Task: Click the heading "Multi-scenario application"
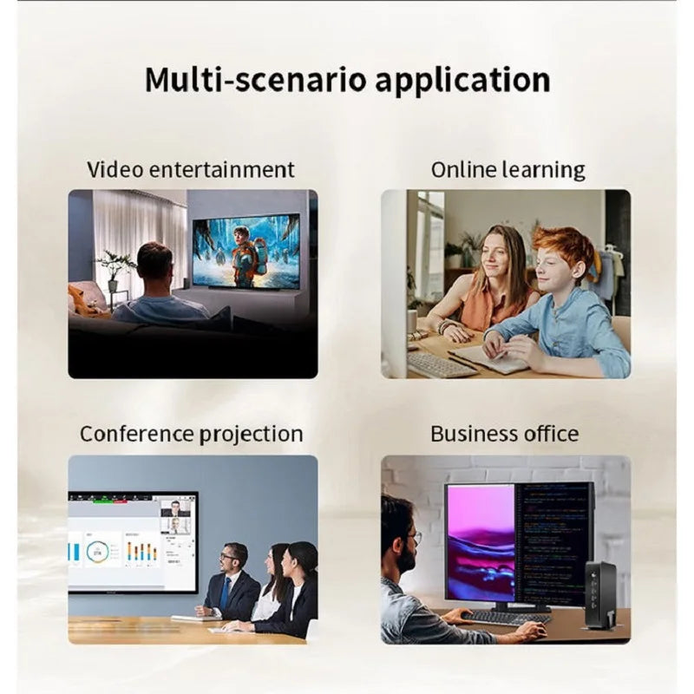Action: point(347,79)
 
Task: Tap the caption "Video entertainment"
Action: point(191,169)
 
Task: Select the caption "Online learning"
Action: point(507,169)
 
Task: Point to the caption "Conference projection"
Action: point(191,433)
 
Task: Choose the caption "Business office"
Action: point(504,433)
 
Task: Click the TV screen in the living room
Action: point(246,252)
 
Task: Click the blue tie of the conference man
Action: point(226,594)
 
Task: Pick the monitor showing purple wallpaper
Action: point(480,541)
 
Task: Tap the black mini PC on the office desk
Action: point(600,595)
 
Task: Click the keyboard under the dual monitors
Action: point(507,618)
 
